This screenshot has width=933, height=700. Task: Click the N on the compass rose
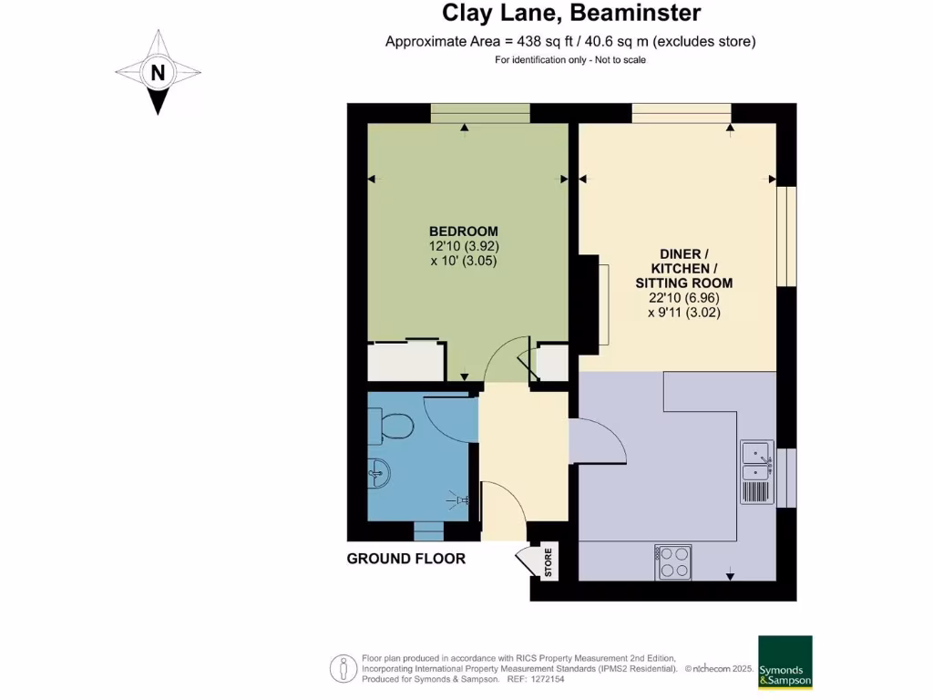[x=158, y=73]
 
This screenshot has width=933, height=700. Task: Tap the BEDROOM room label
[x=464, y=232]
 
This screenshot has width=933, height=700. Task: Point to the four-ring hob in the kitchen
[x=673, y=562]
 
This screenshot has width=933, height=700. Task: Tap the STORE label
[x=548, y=562]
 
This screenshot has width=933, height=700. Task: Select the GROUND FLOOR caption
[x=406, y=559]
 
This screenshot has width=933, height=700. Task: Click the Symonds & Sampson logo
[x=784, y=662]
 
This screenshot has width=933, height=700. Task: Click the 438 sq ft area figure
[x=543, y=42]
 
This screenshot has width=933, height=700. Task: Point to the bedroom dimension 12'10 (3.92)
[x=464, y=246]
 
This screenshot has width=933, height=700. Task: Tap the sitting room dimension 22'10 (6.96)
[x=684, y=298]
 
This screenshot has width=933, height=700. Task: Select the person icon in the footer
[x=343, y=668]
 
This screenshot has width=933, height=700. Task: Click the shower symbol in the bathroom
[x=459, y=500]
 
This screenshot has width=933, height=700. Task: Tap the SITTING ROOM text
[x=683, y=283]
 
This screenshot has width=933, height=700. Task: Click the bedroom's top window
[x=480, y=113]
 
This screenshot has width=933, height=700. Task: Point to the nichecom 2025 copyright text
[x=720, y=668]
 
